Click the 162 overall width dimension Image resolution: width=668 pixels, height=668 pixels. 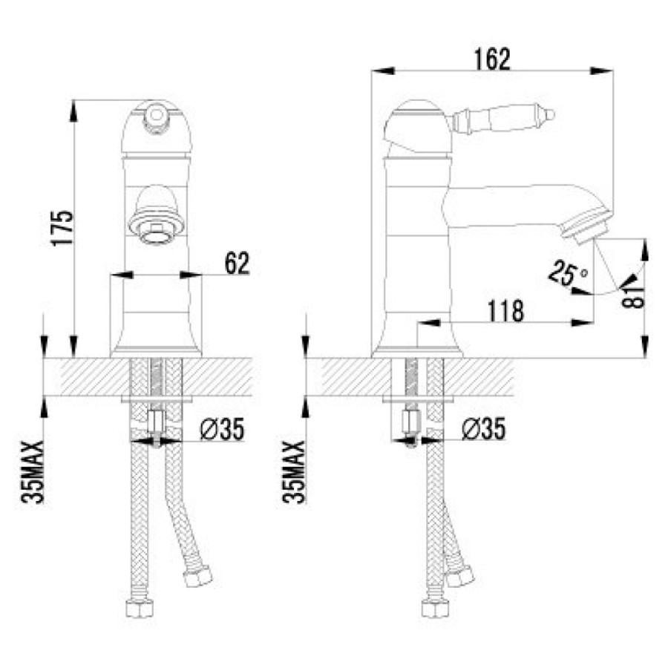tap(492, 59)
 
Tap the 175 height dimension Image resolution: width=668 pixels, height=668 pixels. tap(62, 229)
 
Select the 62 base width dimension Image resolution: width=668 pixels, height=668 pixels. tap(237, 263)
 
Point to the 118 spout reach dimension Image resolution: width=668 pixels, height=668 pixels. tap(505, 311)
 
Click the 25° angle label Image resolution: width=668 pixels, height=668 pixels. tap(567, 273)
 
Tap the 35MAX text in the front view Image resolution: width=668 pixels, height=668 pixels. tap(33, 472)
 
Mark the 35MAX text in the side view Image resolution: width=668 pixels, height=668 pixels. tap(294, 472)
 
